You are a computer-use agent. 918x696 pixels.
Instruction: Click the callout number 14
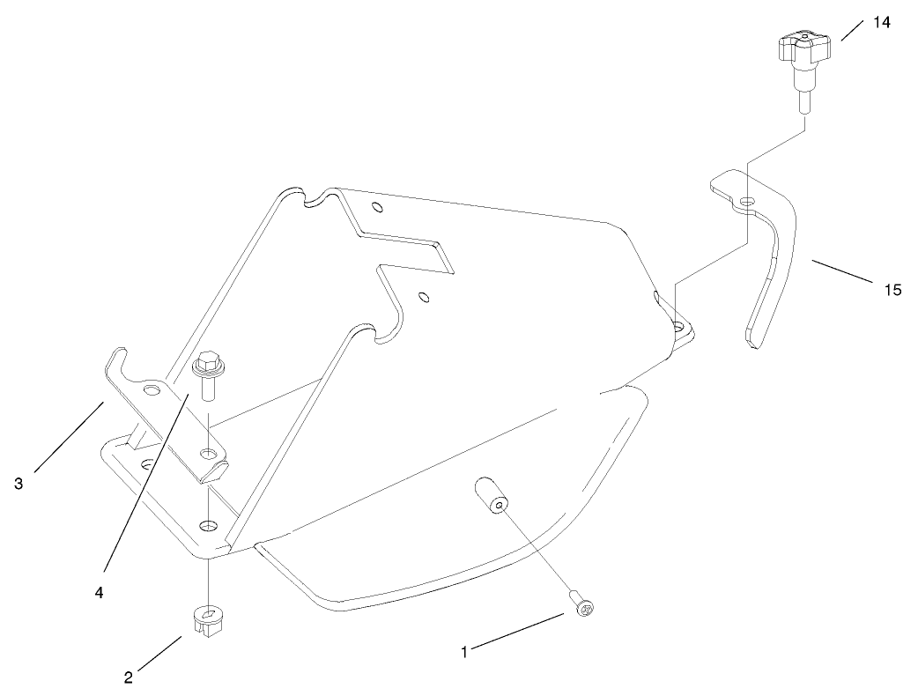tap(881, 23)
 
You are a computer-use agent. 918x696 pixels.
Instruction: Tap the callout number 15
tap(893, 289)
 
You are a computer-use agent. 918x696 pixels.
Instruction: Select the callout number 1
tap(464, 652)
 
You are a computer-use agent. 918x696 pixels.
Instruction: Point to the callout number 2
tap(129, 677)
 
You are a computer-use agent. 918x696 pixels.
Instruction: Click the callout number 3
tap(19, 484)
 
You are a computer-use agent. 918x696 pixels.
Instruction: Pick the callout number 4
tap(99, 593)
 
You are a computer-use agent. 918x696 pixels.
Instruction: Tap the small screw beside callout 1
tap(581, 607)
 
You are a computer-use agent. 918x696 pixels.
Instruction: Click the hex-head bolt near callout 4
tap(207, 374)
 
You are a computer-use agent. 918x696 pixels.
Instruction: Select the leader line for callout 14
tap(853, 30)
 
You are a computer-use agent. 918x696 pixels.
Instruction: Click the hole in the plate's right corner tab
tap(679, 327)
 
